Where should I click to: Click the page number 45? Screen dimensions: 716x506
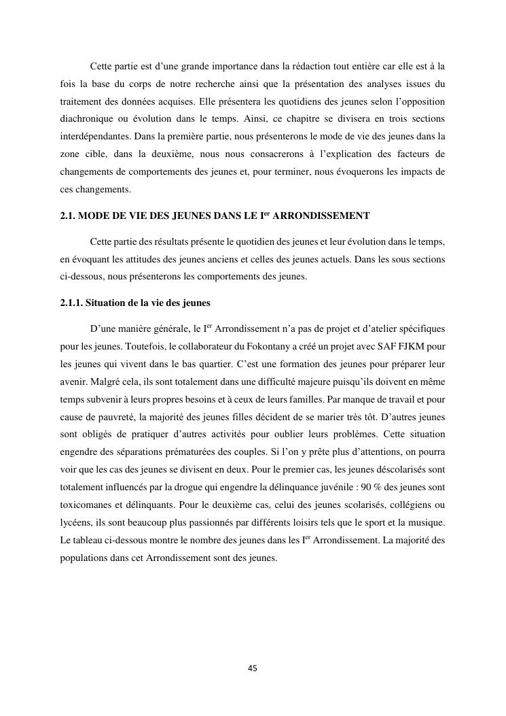coord(253,668)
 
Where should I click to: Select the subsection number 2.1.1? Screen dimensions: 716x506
coord(72,303)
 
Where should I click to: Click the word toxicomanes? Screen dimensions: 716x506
coord(84,505)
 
